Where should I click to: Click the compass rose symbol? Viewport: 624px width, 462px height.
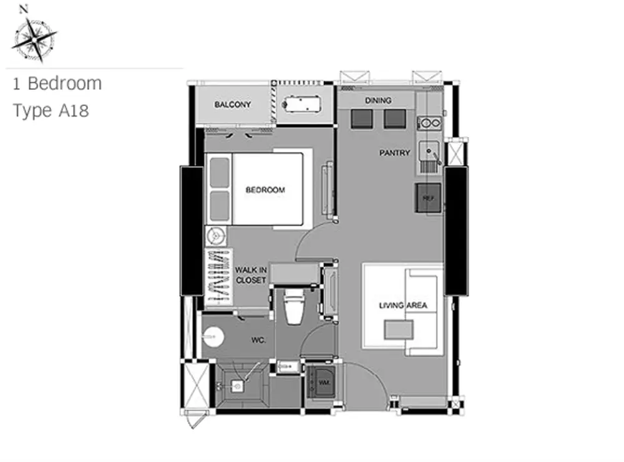pyautogui.click(x=35, y=40)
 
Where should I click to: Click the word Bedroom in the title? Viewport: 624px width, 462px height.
pyautogui.click(x=65, y=84)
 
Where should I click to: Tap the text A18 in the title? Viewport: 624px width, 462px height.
pyautogui.click(x=74, y=110)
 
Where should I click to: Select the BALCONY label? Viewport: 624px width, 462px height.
pyautogui.click(x=233, y=105)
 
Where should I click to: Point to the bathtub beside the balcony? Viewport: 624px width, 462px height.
pyautogui.click(x=302, y=104)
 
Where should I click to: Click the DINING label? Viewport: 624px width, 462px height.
pyautogui.click(x=378, y=100)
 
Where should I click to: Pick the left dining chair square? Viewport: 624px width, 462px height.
pyautogui.click(x=362, y=119)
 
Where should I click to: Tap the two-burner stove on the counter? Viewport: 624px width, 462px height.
pyautogui.click(x=429, y=123)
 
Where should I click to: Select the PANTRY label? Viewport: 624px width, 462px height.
pyautogui.click(x=394, y=153)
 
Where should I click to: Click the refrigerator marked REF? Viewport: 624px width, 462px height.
pyautogui.click(x=428, y=198)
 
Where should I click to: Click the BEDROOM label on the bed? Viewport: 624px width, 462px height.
pyautogui.click(x=265, y=190)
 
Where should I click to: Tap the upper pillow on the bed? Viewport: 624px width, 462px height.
pyautogui.click(x=219, y=172)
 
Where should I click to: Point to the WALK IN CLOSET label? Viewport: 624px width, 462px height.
pyautogui.click(x=251, y=275)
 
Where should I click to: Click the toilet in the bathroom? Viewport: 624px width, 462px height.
pyautogui.click(x=294, y=306)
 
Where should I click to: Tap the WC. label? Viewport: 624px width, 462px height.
pyautogui.click(x=258, y=340)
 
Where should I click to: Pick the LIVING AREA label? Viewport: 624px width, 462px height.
pyautogui.click(x=403, y=306)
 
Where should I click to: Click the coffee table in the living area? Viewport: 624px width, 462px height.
pyautogui.click(x=399, y=330)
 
